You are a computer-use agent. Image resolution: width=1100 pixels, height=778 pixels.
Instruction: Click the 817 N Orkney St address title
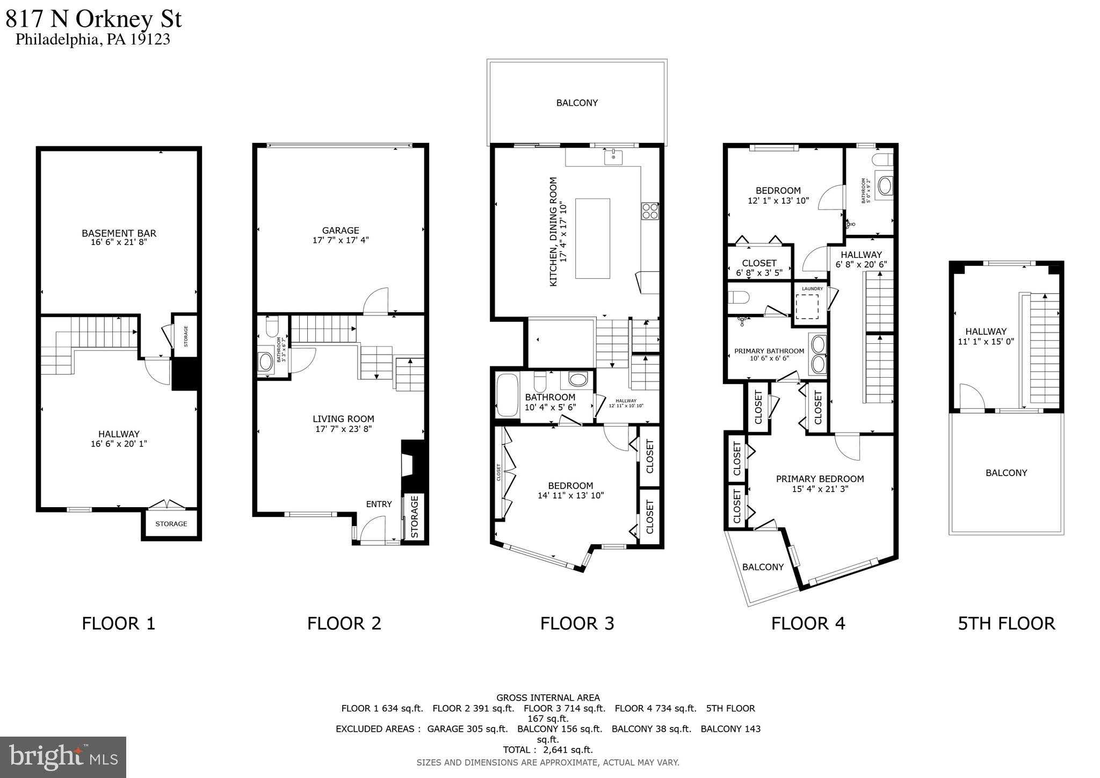pos(94,19)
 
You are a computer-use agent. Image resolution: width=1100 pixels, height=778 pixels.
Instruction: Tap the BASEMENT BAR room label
pos(119,233)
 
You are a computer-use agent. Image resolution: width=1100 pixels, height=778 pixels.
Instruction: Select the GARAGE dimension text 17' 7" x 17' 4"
pos(341,240)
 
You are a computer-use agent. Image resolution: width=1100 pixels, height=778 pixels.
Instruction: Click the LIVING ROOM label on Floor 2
pos(343,419)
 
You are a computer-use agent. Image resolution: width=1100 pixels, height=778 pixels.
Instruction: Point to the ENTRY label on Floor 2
pos(379,504)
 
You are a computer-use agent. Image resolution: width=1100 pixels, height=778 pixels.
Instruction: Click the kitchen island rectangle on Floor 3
pos(592,239)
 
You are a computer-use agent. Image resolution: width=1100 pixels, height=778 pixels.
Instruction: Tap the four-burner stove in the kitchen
pos(649,211)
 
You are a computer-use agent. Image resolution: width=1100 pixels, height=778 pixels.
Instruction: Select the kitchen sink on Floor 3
pos(613,157)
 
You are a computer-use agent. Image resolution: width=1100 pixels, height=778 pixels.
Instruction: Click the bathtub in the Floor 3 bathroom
pos(507,395)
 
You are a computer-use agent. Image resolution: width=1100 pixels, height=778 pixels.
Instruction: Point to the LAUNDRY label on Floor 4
pos(812,289)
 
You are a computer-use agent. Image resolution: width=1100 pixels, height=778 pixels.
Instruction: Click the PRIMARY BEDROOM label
pos(820,479)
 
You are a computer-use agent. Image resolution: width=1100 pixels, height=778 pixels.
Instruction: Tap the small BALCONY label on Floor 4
pos(763,567)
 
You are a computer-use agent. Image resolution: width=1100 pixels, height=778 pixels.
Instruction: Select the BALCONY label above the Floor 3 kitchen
pos(577,103)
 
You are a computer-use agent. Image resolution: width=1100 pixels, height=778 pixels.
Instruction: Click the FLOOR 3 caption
pos(577,623)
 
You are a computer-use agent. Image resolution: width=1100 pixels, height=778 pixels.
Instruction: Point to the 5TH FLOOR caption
pos(1006,623)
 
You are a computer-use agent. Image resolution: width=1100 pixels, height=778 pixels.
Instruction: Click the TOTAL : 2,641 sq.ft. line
pos(547,750)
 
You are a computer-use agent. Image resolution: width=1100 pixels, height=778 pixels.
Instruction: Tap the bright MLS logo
pos(63,757)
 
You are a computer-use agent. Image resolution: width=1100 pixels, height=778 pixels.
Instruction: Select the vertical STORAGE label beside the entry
pos(414,517)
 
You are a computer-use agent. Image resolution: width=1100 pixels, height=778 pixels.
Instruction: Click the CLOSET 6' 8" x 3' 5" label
pos(758,268)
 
